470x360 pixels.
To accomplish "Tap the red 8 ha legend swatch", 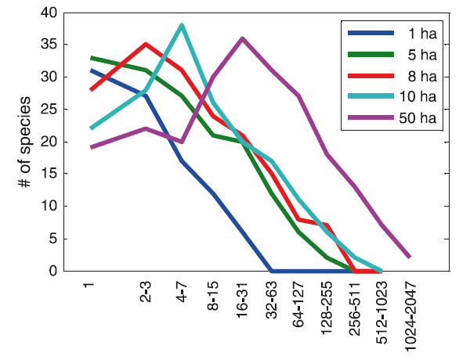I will tap(367, 77).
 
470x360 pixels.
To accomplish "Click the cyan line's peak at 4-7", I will tap(182, 25).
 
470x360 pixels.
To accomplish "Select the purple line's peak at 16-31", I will tap(243, 38).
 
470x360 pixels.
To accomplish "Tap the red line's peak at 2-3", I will tap(146, 45).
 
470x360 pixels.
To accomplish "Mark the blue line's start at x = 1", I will tap(91, 70).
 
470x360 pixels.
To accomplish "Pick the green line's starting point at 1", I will tap(91, 57).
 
